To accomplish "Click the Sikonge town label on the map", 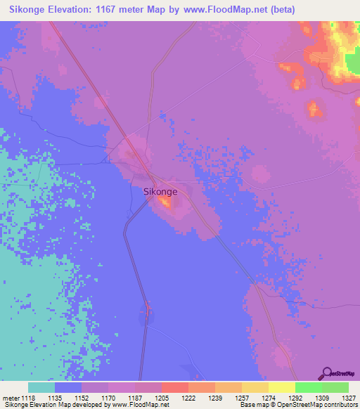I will pyautogui.click(x=160, y=190).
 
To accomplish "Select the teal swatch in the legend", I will pyautogui.click(x=41, y=387).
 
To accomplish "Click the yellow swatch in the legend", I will pyautogui.click(x=281, y=387).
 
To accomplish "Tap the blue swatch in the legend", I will pyautogui.click(x=67, y=387).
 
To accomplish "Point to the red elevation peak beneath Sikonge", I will pyautogui.click(x=166, y=203).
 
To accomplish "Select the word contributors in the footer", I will pyautogui.click(x=340, y=405).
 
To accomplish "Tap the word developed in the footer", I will pyautogui.click(x=84, y=405).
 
